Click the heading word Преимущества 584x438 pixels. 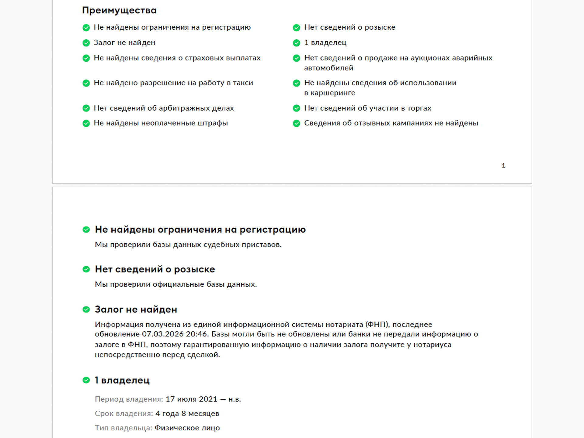pyautogui.click(x=119, y=10)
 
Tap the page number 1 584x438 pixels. pyautogui.click(x=503, y=165)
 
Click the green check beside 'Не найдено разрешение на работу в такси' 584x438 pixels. pyautogui.click(x=86, y=83)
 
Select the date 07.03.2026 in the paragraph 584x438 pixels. pyautogui.click(x=163, y=334)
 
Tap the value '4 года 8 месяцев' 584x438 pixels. pyautogui.click(x=187, y=414)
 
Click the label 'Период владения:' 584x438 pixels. pyautogui.click(x=129, y=399)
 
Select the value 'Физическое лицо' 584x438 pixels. pyautogui.click(x=187, y=428)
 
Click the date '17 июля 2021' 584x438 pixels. pyautogui.click(x=191, y=399)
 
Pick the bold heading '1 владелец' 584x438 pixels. pyautogui.click(x=122, y=380)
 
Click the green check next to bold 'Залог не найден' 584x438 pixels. pyautogui.click(x=86, y=310)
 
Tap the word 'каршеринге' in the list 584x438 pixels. pyautogui.click(x=332, y=93)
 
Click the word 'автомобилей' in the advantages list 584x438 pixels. pyautogui.click(x=328, y=68)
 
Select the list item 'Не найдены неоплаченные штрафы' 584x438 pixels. pyautogui.click(x=161, y=123)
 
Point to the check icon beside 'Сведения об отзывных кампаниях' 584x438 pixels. pyautogui.click(x=296, y=123)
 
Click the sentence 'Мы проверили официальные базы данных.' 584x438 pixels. pyautogui.click(x=176, y=284)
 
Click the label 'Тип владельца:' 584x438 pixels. pyautogui.click(x=123, y=428)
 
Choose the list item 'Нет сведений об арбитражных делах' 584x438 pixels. pyautogui.click(x=164, y=108)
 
